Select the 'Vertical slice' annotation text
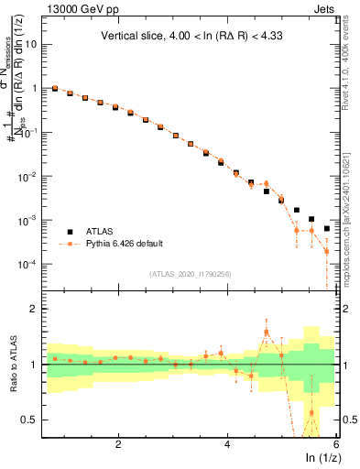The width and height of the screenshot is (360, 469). [190, 37]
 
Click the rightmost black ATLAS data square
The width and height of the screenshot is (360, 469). [326, 229]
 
